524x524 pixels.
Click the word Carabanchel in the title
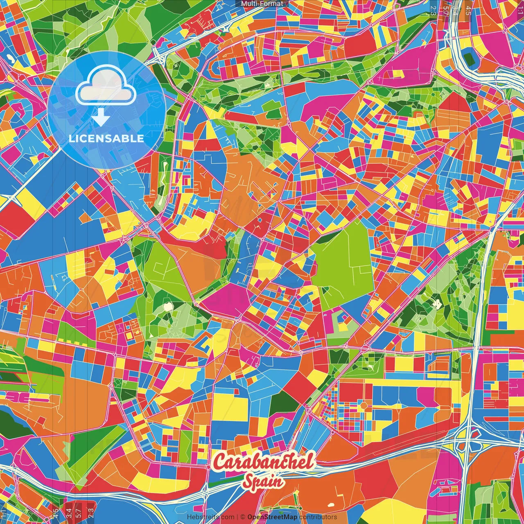tap(264, 462)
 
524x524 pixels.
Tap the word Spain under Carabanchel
tap(264, 481)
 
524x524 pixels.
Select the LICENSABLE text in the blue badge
tap(106, 138)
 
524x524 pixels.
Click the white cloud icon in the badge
tap(106, 84)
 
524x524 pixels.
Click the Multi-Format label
tap(262, 4)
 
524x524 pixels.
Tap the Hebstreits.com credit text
tap(210, 517)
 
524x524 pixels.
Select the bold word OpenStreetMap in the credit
tap(272, 517)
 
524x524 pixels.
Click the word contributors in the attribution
tap(318, 517)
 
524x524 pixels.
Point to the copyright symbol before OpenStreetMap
tap(242, 517)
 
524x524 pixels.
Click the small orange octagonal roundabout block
tap(363, 405)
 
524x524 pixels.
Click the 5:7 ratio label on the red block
tap(79, 512)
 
